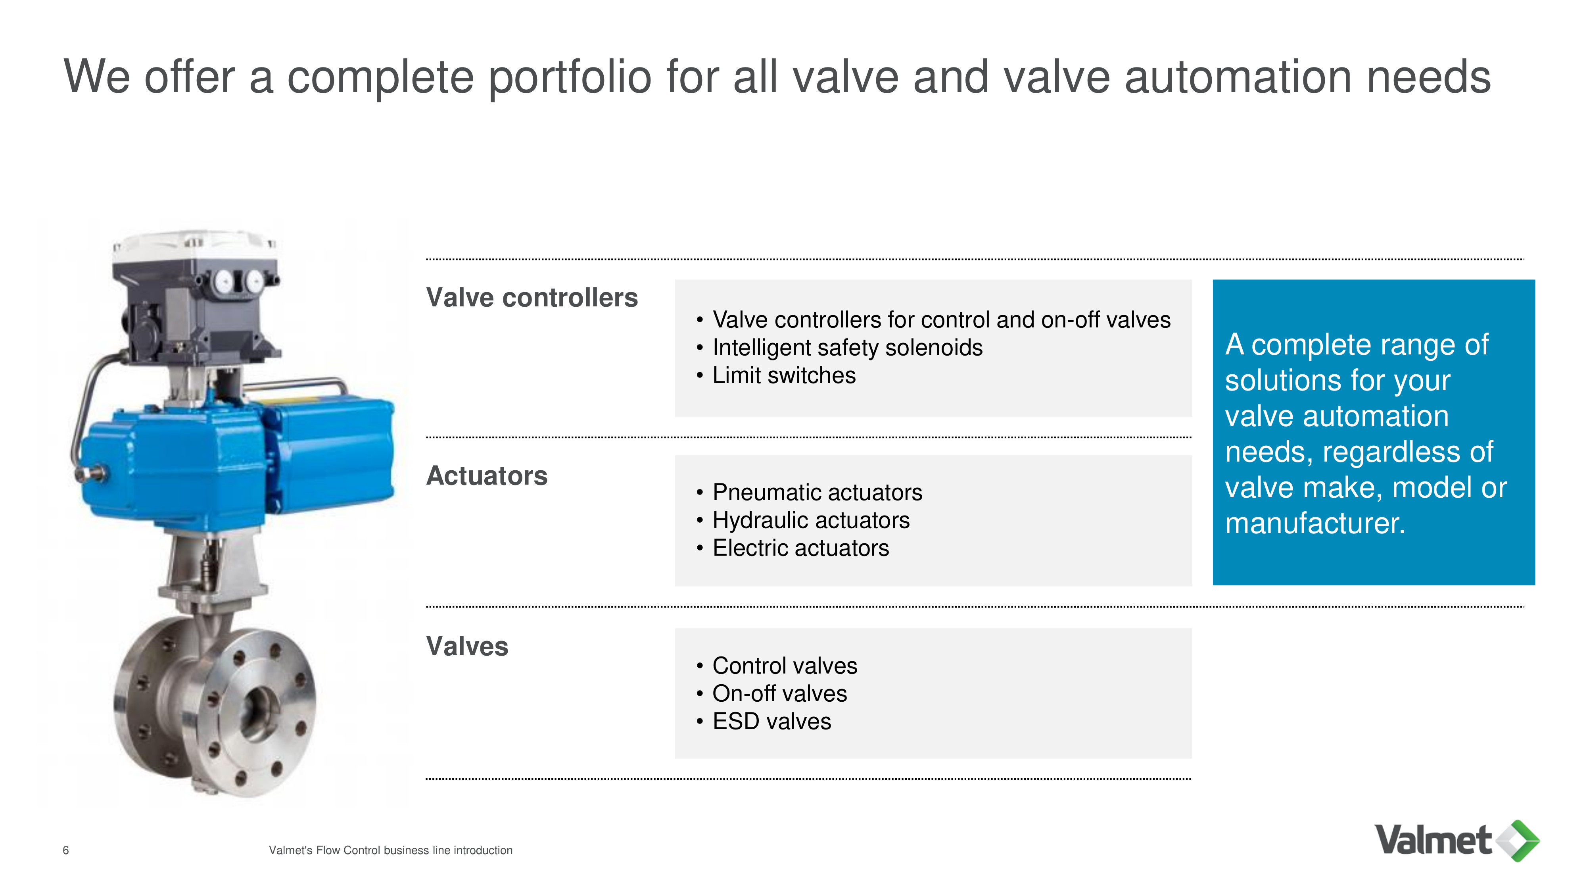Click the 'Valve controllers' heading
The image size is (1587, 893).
532,298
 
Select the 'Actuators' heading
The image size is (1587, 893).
487,476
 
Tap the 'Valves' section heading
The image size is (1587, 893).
467,647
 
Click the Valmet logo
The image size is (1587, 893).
1457,841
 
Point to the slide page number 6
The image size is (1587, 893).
66,851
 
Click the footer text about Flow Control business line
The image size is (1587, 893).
391,851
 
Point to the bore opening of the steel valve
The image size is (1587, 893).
257,714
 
